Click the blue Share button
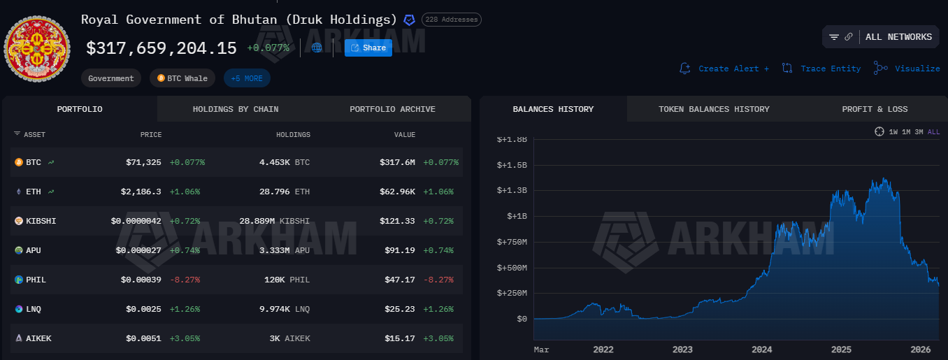(x=368, y=48)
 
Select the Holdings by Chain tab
(x=236, y=109)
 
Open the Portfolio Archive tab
(x=392, y=109)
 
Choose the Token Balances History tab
(x=714, y=109)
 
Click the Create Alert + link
(x=724, y=69)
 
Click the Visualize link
(x=907, y=69)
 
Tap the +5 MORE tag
(x=247, y=78)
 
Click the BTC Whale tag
(x=182, y=78)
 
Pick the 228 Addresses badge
(x=451, y=20)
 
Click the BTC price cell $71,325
(x=143, y=162)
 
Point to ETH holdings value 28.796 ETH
(x=284, y=192)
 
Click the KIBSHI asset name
(x=41, y=221)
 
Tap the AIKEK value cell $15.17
(x=401, y=338)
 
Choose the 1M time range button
(x=906, y=131)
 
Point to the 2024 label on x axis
(x=762, y=350)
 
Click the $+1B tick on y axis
(x=512, y=217)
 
